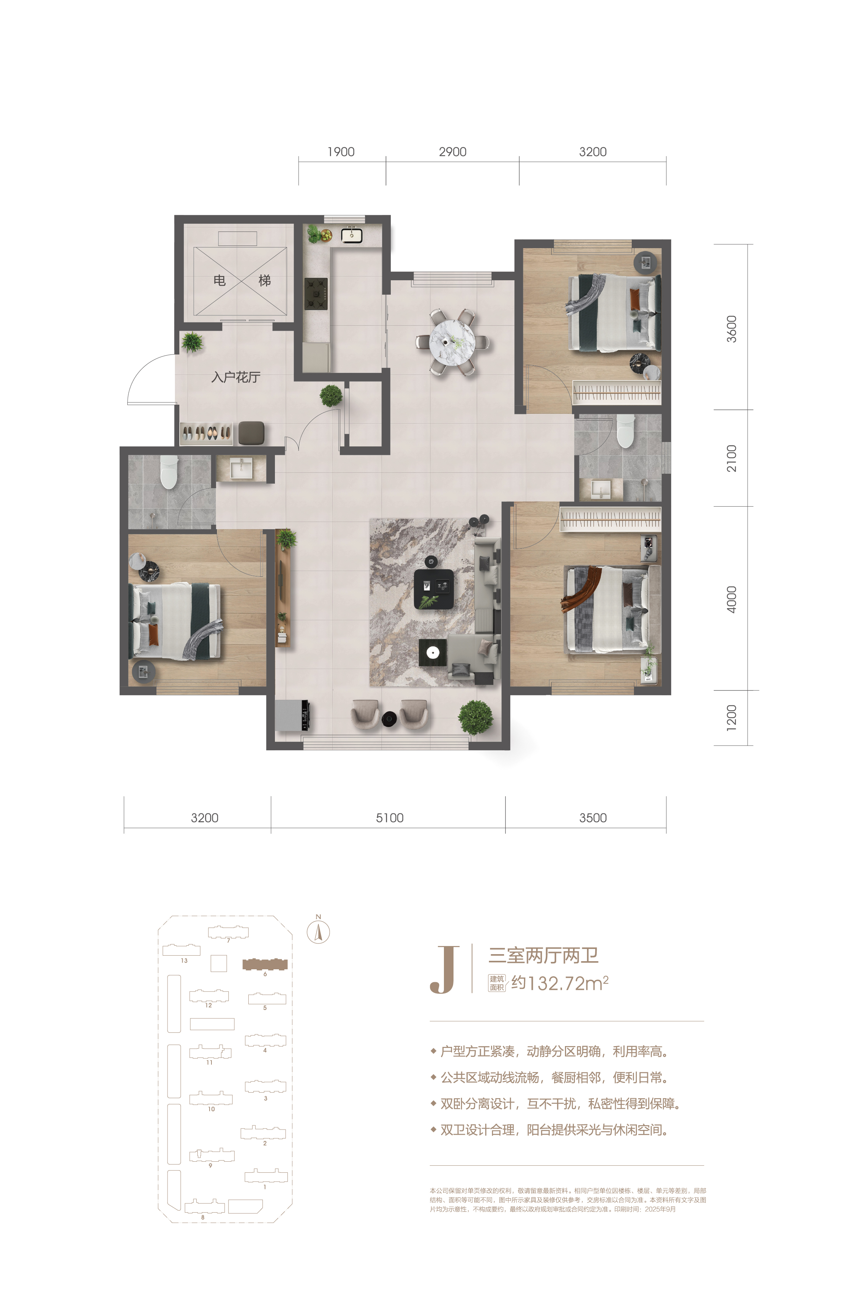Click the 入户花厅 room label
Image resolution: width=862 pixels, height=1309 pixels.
pos(236,377)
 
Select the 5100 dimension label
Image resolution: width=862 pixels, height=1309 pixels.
pos(390,818)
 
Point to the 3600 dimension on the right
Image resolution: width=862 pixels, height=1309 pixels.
pos(731,329)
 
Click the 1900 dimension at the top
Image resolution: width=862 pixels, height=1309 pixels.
pos(341,152)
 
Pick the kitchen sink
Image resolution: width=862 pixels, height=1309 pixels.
pos(352,236)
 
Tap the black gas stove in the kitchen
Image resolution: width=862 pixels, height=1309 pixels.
pos(316,294)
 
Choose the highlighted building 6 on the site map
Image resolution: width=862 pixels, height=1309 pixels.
pos(265,964)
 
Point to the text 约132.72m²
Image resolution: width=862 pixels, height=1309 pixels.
pos(560,983)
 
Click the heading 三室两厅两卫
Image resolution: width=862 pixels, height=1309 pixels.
pos(543,955)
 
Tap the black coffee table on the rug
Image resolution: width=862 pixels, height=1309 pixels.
pos(434,589)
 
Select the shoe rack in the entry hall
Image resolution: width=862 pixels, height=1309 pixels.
pos(206,434)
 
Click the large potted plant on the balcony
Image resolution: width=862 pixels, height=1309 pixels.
pos(476,717)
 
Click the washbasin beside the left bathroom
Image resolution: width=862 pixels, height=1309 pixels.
pos(241,468)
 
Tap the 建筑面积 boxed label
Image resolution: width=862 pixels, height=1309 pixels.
pos(497,983)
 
